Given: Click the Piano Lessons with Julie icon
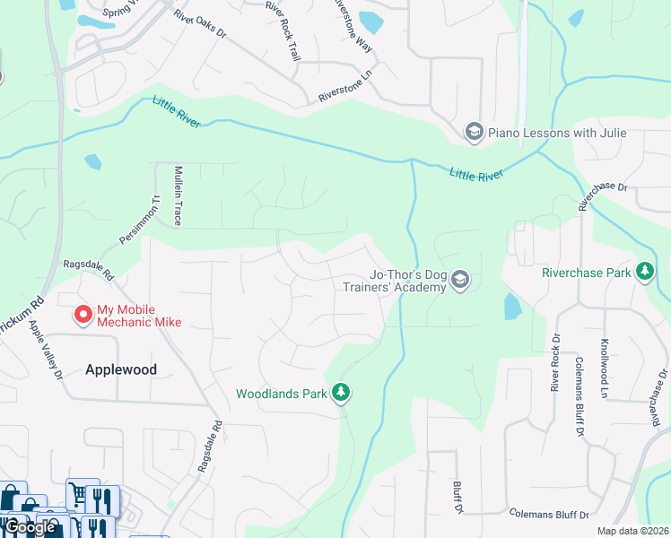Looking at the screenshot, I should click(474, 133).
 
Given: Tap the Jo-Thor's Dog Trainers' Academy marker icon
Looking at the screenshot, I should click(460, 282).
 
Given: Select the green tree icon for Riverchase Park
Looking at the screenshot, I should click(644, 272).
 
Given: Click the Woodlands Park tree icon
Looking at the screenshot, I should click(340, 393).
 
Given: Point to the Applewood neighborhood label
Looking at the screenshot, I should click(121, 369).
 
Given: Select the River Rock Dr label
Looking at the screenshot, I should click(555, 362).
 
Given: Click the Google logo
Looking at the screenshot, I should click(30, 526).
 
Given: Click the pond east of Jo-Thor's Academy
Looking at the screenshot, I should click(512, 307).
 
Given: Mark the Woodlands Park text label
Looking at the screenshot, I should click(281, 394).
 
